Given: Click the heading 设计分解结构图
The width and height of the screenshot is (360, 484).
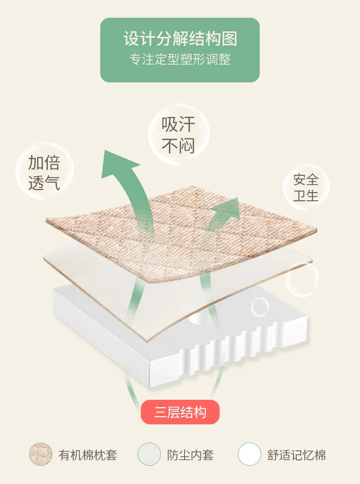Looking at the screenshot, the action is pos(180,39).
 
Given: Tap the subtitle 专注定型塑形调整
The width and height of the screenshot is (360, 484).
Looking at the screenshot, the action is pos(180,60).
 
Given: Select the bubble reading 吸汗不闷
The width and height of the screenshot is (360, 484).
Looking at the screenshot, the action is pos(178,135).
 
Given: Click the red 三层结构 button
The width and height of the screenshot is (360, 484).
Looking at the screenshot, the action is pos(180,413).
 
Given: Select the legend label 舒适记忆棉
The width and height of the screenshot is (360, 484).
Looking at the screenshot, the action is pos(297,454).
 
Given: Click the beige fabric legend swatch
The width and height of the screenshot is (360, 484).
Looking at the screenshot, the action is pos(41,454).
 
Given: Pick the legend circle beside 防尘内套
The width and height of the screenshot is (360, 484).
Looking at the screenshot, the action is pos(149,454).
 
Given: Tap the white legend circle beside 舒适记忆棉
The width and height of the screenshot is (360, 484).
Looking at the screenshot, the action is pos(249,454).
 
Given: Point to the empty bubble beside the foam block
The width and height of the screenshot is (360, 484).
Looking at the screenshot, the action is pos(302,279).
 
